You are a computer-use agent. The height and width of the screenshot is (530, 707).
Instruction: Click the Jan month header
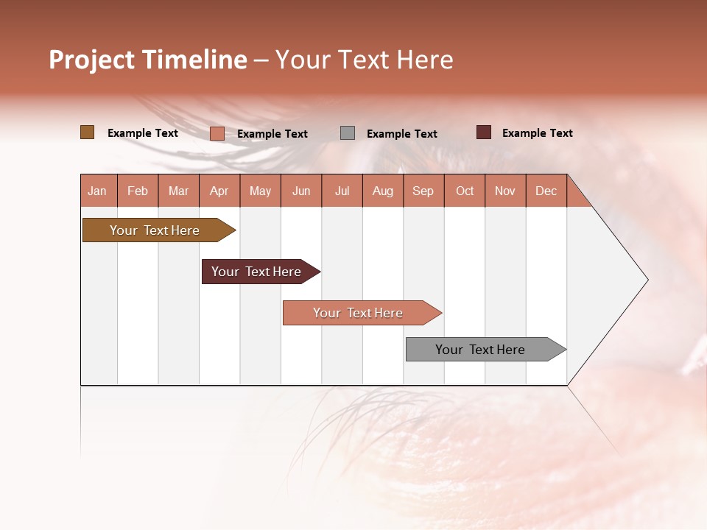tap(98, 191)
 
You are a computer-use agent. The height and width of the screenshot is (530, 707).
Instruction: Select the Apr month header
tap(219, 191)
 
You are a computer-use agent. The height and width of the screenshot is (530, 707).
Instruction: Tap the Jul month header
tap(342, 191)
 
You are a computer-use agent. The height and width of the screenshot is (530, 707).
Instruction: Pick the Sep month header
tap(423, 191)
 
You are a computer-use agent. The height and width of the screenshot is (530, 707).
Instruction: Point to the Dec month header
tap(546, 191)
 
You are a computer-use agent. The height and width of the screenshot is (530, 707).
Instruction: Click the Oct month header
tap(465, 191)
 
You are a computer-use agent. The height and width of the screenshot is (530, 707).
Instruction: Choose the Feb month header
tap(138, 191)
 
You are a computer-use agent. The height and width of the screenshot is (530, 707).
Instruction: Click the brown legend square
tap(87, 132)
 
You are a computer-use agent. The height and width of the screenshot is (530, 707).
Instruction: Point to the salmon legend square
tap(217, 133)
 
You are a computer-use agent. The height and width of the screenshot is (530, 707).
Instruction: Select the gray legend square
tap(348, 133)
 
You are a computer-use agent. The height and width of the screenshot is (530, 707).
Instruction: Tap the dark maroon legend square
tap(483, 132)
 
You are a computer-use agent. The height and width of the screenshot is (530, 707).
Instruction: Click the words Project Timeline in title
tap(148, 60)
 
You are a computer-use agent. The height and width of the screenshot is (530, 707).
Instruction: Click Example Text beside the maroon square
tap(537, 133)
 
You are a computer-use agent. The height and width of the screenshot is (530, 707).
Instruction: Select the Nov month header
tap(505, 191)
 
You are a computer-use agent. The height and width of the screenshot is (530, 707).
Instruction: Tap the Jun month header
tap(301, 191)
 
